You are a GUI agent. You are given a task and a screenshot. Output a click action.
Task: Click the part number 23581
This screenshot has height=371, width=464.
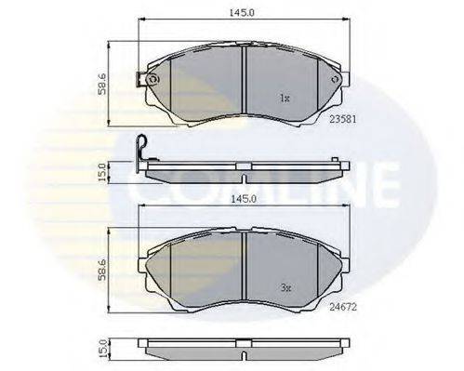pyautogui.click(x=343, y=119)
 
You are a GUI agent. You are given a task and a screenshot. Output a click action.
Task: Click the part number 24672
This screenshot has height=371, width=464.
pyautogui.click(x=343, y=307)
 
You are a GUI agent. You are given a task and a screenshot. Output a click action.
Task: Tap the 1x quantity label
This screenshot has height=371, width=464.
pyautogui.click(x=285, y=99)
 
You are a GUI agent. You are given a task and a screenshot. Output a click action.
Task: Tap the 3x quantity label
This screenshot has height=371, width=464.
pyautogui.click(x=285, y=288)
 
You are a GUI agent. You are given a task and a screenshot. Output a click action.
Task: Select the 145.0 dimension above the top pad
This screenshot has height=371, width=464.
pyautogui.click(x=242, y=13)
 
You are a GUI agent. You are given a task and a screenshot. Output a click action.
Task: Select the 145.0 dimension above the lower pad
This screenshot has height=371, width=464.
pyautogui.click(x=244, y=199)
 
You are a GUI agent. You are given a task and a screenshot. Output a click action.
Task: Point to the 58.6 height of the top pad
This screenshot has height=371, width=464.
pyautogui.click(x=102, y=84)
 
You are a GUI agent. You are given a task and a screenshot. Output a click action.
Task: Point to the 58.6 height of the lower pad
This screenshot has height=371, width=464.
pyautogui.click(x=102, y=270)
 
